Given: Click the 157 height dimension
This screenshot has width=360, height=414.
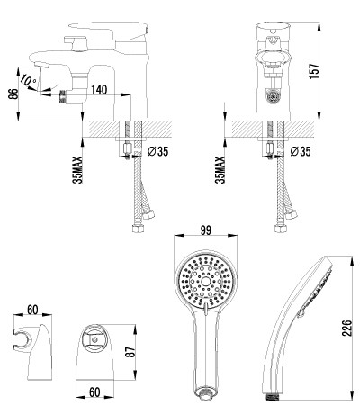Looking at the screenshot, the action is click(315, 71).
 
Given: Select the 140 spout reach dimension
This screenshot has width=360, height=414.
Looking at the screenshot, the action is click(99, 90).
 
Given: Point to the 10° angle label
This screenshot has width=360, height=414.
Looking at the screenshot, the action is click(29, 81).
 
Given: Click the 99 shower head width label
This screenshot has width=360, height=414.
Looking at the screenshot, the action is click(206, 230).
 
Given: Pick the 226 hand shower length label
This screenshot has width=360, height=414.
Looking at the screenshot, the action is click(346, 328).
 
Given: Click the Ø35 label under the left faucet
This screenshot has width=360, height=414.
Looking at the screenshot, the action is click(158, 152).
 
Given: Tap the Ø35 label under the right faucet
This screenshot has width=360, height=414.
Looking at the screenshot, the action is click(301, 152).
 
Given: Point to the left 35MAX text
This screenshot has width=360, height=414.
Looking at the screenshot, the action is click(77, 170).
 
